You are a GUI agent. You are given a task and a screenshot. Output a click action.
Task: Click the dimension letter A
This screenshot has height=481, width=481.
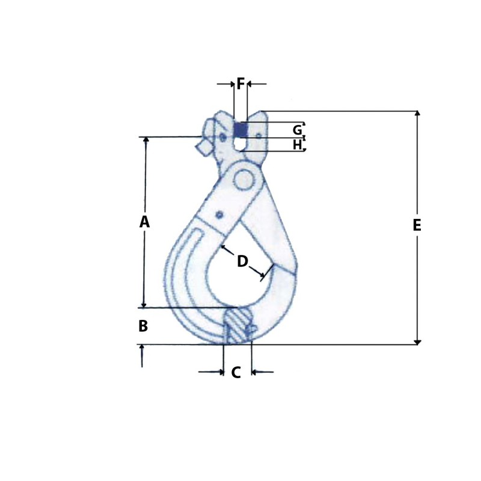(144, 222)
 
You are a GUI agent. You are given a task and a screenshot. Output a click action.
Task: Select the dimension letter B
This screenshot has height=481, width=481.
(143, 326)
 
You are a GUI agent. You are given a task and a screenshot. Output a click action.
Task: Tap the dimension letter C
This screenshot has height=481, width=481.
(236, 373)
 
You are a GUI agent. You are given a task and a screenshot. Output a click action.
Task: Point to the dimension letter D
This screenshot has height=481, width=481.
(242, 261)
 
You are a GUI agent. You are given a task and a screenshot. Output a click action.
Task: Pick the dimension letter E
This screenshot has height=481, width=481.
(417, 225)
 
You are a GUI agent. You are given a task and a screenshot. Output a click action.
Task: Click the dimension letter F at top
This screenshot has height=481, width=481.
(240, 84)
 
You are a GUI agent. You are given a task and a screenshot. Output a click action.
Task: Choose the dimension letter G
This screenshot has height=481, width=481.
(297, 130)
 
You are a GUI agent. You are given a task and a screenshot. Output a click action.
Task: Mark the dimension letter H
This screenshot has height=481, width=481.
(297, 144)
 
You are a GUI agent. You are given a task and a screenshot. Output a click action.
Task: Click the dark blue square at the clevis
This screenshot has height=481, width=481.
(240, 129)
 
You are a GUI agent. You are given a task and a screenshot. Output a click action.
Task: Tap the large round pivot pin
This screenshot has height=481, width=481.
(244, 179)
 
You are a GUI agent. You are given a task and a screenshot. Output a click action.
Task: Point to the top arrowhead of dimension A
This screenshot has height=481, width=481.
(144, 140)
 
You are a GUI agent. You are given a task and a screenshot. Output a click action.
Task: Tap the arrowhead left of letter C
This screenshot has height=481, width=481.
(220, 372)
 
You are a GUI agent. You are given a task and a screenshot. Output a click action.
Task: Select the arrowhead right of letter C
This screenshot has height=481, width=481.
(254, 372)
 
